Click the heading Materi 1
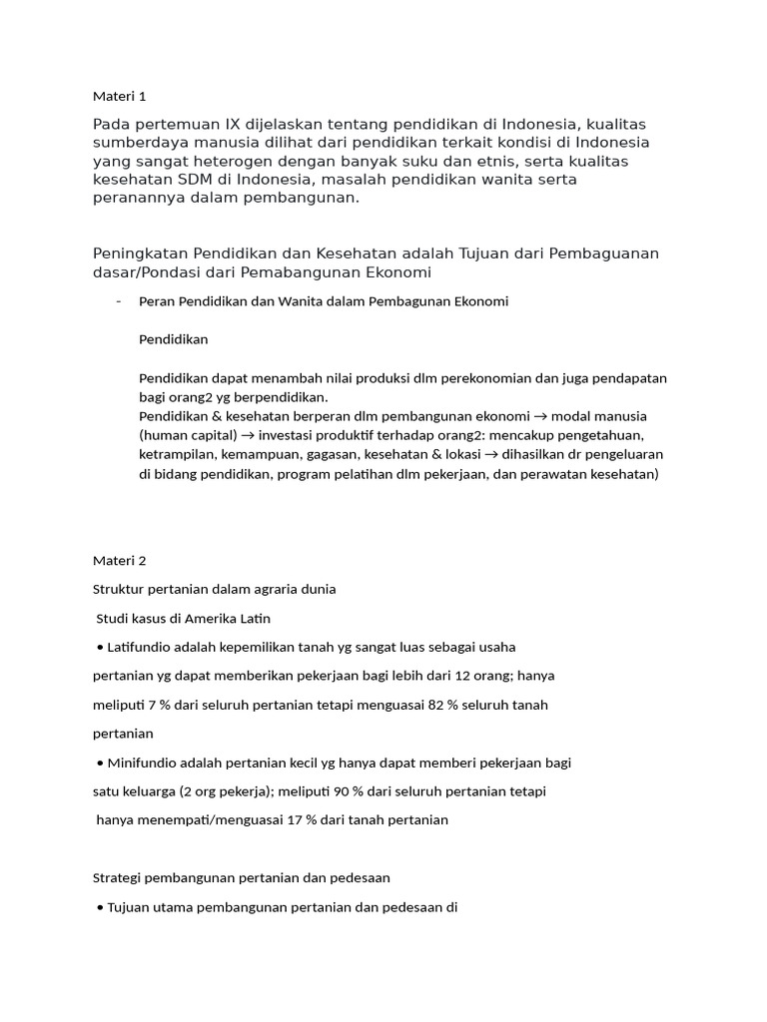pos(119,96)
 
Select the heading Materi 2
pos(119,560)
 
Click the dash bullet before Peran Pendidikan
pos(118,301)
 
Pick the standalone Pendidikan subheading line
pos(173,339)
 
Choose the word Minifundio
pos(145,763)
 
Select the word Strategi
pos(119,878)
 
